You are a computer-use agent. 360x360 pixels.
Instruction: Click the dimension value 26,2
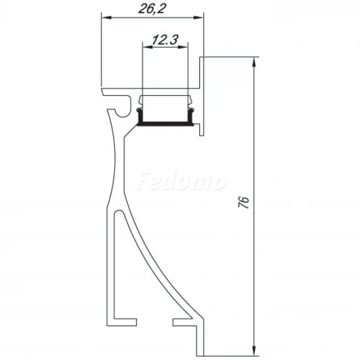pos(152,9)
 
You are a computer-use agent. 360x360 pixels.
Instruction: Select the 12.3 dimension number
pos(162,38)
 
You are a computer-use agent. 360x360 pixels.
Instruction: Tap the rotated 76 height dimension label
pos(244,203)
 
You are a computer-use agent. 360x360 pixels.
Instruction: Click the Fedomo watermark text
pos(181,182)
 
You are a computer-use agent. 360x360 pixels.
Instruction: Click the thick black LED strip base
pos(165,123)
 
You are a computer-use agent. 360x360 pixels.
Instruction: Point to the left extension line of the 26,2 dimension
pos(101,46)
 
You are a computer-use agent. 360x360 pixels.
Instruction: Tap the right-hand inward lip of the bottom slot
pos(181,315)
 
